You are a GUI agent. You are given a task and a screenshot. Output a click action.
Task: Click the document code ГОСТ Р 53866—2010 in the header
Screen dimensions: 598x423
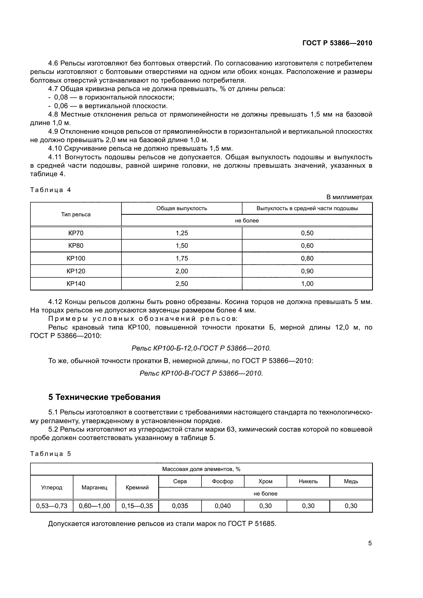tap(337, 43)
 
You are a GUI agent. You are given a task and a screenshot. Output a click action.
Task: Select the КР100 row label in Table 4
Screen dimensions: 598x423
tap(76, 258)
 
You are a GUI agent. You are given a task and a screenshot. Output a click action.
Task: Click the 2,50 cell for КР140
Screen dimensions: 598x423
tap(182, 284)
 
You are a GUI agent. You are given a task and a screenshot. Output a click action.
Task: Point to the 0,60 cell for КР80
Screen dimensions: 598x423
tap(307, 246)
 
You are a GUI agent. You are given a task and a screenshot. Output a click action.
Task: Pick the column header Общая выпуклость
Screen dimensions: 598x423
tap(182, 208)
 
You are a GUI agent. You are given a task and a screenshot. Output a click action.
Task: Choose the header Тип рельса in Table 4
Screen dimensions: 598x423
tap(76, 214)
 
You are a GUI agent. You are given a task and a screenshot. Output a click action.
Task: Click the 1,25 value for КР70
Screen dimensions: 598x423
tap(182, 233)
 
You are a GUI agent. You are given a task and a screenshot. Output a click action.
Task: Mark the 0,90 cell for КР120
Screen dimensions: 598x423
tap(307, 271)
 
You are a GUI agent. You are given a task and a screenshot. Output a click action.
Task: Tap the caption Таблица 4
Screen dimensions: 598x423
tap(51, 190)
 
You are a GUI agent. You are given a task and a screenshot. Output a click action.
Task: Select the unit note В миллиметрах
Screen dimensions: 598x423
tap(349, 197)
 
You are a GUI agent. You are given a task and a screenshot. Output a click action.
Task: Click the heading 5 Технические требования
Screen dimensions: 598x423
tap(104, 397)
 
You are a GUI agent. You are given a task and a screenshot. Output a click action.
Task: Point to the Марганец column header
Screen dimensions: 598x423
tap(94, 488)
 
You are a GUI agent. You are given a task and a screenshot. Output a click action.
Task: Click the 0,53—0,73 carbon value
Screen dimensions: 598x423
tap(52, 506)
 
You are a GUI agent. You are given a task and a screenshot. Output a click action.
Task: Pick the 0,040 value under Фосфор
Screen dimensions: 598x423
tap(223, 506)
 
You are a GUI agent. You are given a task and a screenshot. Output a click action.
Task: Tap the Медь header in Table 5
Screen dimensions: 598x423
tap(351, 481)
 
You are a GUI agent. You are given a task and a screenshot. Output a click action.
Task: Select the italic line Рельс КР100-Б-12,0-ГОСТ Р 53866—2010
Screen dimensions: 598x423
tap(201, 348)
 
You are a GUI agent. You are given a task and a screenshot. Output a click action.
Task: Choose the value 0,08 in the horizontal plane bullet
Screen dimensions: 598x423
tap(61, 97)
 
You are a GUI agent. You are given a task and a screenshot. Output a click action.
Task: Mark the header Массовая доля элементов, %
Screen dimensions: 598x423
tap(201, 469)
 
